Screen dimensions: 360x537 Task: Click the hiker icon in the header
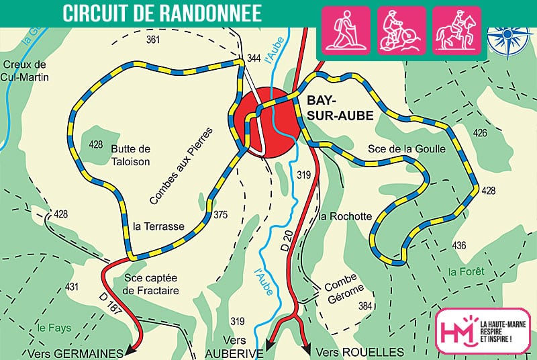(x=346, y=30)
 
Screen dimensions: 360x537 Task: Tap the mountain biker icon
(x=401, y=30)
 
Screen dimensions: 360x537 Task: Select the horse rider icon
(x=456, y=30)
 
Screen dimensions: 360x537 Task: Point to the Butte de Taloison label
(x=131, y=155)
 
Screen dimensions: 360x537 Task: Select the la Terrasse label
(x=158, y=226)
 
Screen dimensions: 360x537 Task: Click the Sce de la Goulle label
(x=407, y=149)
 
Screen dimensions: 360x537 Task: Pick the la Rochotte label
(x=345, y=216)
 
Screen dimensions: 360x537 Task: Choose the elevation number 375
(x=220, y=215)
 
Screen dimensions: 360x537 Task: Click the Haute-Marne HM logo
(x=457, y=330)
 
